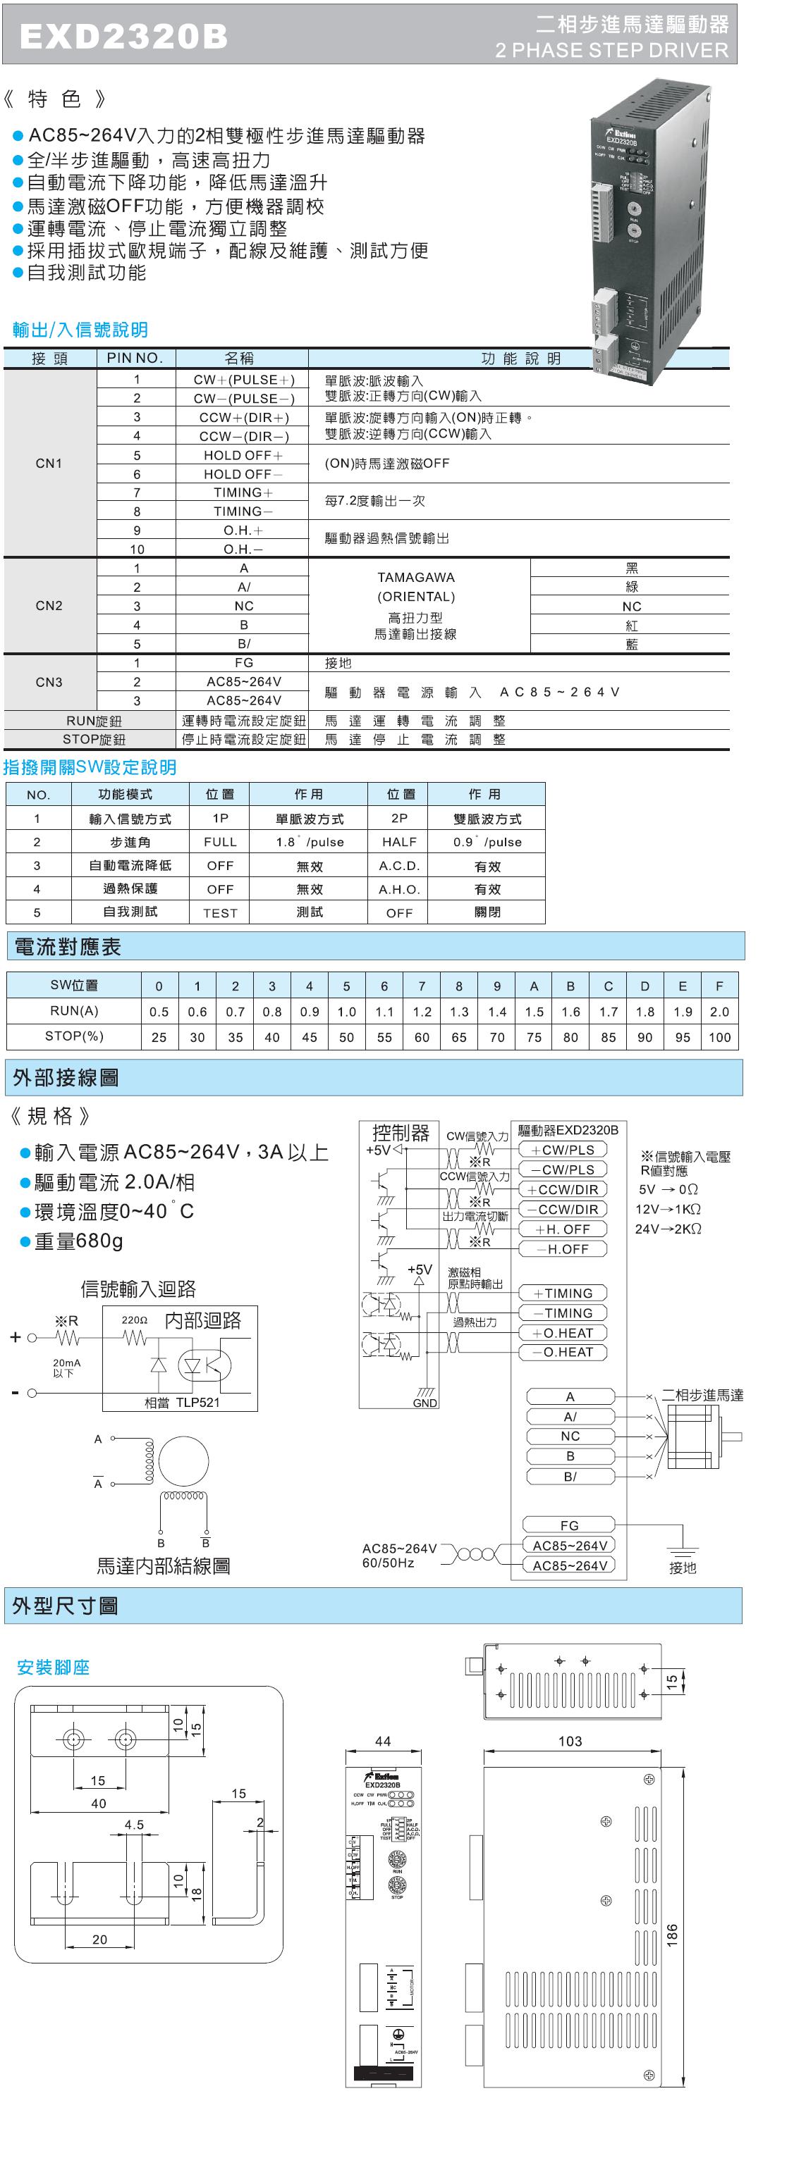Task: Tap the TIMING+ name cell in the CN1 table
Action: [x=243, y=492]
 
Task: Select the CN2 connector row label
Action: [x=49, y=605]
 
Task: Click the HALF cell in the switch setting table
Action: [x=398, y=842]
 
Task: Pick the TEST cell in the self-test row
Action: [x=220, y=913]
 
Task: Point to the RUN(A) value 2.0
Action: [x=719, y=1012]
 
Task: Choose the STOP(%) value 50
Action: [x=346, y=1037]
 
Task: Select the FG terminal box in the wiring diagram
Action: [x=568, y=1525]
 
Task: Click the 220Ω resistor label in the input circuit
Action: [x=134, y=1320]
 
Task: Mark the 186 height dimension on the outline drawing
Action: [x=672, y=1933]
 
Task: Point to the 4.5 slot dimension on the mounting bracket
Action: [x=134, y=1824]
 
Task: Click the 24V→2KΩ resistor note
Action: [x=668, y=1229]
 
